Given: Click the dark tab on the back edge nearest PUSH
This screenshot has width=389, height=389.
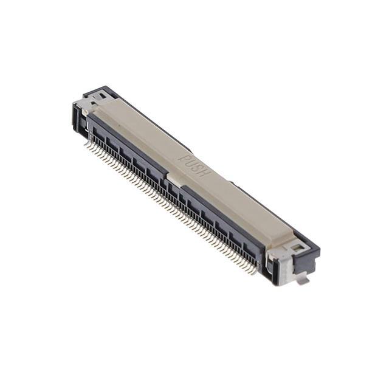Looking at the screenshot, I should coord(231,181).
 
